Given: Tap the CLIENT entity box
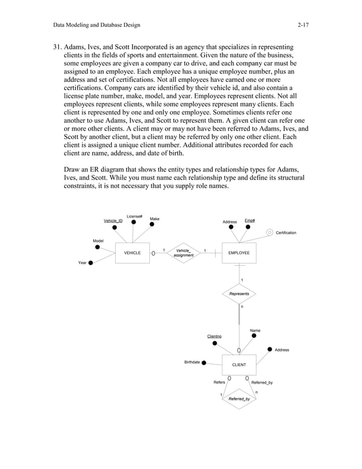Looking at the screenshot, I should tap(239, 365).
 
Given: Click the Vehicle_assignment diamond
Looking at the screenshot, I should tap(183, 253).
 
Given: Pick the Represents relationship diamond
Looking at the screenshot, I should tap(239, 294).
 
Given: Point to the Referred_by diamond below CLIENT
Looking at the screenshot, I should tap(239, 399).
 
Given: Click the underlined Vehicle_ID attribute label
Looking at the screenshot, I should tap(112, 220).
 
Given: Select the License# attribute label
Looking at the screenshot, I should tap(134, 216).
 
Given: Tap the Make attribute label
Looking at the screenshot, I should tap(154, 219).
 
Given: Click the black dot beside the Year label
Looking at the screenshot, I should tap(91, 263).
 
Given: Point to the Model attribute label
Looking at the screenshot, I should tap(98, 241).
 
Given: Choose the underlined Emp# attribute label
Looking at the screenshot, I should tap(250, 220).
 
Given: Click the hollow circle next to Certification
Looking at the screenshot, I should tap(270, 232).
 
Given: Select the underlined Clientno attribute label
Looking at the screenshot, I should tap(214, 337).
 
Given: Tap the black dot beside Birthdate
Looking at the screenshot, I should tap(204, 363).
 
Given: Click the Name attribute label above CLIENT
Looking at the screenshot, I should tap(255, 330).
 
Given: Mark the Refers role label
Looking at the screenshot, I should tap(219, 383).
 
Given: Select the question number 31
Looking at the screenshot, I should tap(57, 45).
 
